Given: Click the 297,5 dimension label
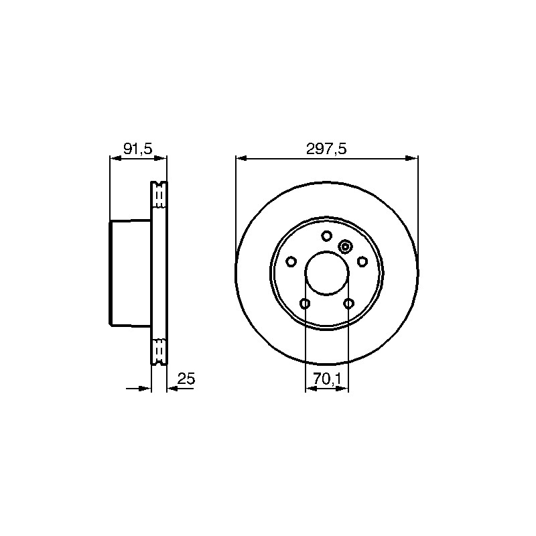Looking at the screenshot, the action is click(x=326, y=149).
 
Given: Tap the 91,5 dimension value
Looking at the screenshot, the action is click(x=137, y=149).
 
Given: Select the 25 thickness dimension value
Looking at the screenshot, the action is click(x=186, y=379).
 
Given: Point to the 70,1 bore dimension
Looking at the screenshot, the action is click(x=326, y=379).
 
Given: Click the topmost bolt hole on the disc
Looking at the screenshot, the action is click(x=327, y=236).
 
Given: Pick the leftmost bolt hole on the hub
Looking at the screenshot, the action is click(x=291, y=262).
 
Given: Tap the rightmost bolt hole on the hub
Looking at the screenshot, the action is click(x=362, y=262).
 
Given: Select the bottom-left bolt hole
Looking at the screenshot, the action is click(x=305, y=304).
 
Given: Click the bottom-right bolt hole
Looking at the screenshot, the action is click(x=348, y=304).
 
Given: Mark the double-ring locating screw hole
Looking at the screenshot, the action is click(x=345, y=247).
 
